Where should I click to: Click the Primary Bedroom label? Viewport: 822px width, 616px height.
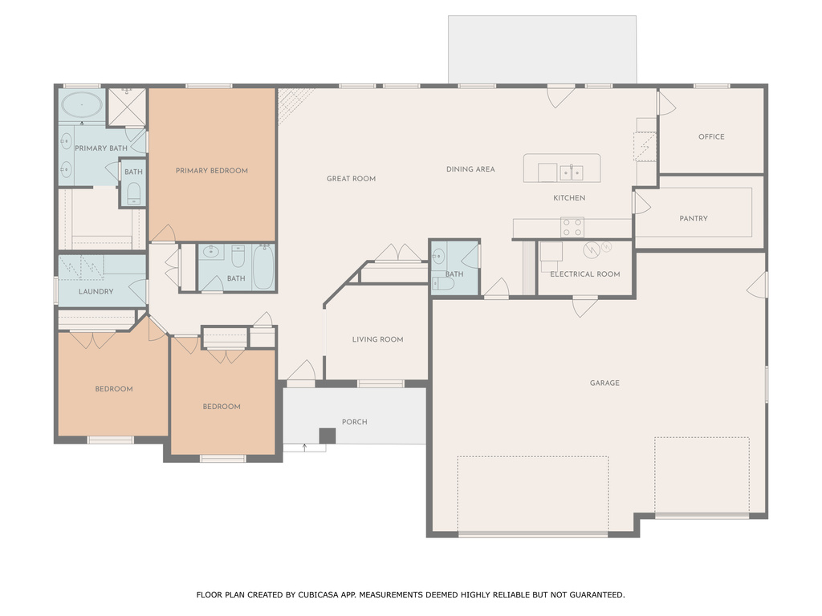point(212,171)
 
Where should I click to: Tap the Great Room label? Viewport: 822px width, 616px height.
point(351,179)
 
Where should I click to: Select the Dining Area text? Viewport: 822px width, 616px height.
point(470,169)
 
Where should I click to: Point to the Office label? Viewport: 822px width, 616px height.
point(711,137)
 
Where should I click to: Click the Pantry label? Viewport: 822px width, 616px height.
point(694,218)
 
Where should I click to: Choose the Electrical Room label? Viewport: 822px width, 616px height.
point(585,274)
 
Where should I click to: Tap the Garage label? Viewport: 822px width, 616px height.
point(604,383)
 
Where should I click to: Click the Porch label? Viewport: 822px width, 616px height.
point(354,422)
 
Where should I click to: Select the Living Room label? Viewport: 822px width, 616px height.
point(377,339)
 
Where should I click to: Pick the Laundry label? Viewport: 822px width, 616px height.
point(96,292)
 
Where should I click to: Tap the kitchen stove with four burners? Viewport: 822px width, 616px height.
point(572,227)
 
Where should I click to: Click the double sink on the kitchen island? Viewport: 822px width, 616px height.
point(572,172)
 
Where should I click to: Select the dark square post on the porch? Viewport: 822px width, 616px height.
point(327,436)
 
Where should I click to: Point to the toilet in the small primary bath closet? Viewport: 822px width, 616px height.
point(133,192)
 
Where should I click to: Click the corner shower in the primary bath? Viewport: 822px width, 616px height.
point(127,107)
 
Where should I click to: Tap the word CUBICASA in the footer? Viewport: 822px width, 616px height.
point(316,595)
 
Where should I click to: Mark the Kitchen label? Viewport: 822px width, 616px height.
point(569,198)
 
